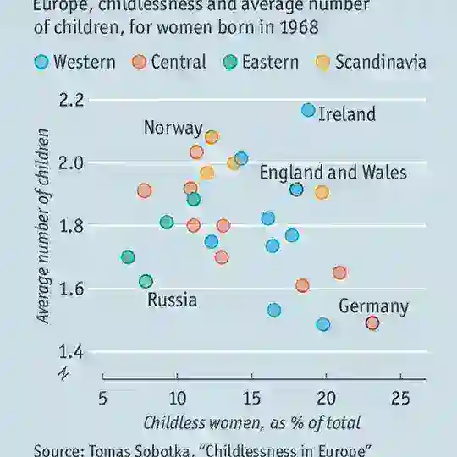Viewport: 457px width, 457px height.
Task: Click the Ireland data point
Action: click(x=308, y=111)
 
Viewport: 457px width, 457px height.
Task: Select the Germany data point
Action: click(x=372, y=322)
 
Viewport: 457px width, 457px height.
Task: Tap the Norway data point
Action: click(x=212, y=137)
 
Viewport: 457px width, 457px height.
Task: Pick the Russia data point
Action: click(x=146, y=281)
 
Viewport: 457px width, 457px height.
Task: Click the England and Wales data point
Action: click(x=296, y=190)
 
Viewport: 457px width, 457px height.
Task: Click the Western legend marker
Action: click(x=41, y=62)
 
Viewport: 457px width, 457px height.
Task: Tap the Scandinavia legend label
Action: click(x=380, y=62)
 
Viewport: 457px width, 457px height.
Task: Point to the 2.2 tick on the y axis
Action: click(x=74, y=100)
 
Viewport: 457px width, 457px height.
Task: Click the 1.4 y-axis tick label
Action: click(x=74, y=352)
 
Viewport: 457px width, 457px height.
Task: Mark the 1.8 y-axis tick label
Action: click(x=74, y=226)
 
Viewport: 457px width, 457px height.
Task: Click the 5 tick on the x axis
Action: click(x=102, y=398)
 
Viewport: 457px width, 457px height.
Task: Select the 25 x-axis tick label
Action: click(x=401, y=398)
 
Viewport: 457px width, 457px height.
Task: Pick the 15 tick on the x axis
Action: click(x=251, y=398)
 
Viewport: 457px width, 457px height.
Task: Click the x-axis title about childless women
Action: click(x=251, y=422)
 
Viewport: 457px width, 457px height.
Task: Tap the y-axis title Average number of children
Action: click(x=42, y=225)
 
